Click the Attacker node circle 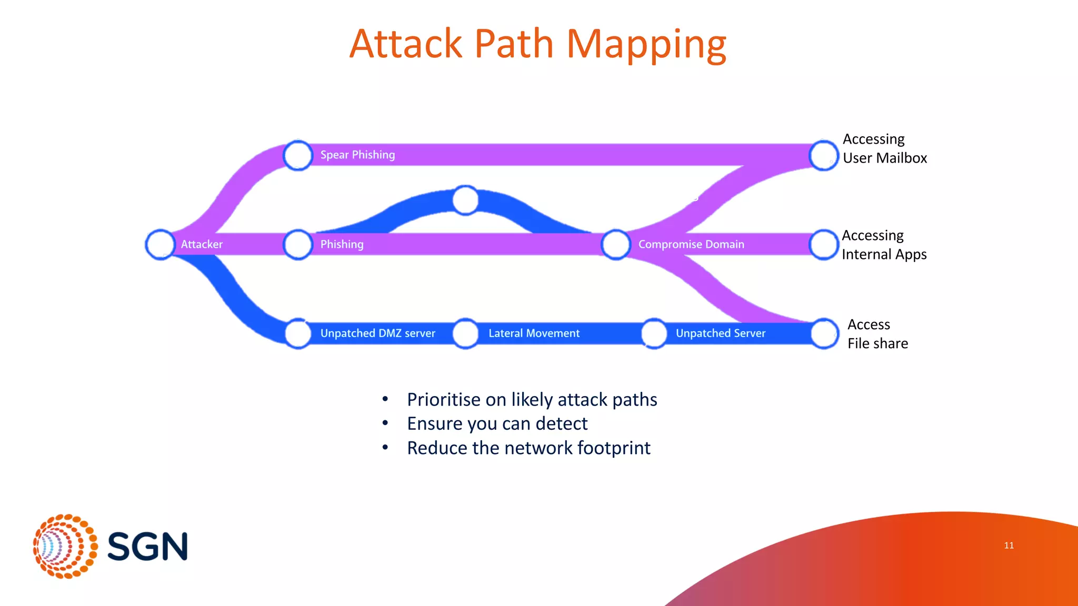(x=160, y=245)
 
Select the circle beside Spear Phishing (x=298, y=155)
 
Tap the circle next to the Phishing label (x=298, y=245)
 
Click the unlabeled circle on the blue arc (x=465, y=200)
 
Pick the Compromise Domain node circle (x=616, y=245)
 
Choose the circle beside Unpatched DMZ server (x=298, y=334)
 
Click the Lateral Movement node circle (x=465, y=334)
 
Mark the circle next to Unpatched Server (x=654, y=334)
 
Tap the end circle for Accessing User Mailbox (x=824, y=155)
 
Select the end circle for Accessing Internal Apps (x=824, y=245)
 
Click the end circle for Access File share (x=824, y=334)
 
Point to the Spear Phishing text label (x=357, y=155)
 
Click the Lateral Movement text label (x=534, y=334)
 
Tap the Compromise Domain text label (x=691, y=245)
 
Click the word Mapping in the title (x=646, y=44)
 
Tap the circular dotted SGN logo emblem (x=65, y=546)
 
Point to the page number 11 (x=1009, y=546)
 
